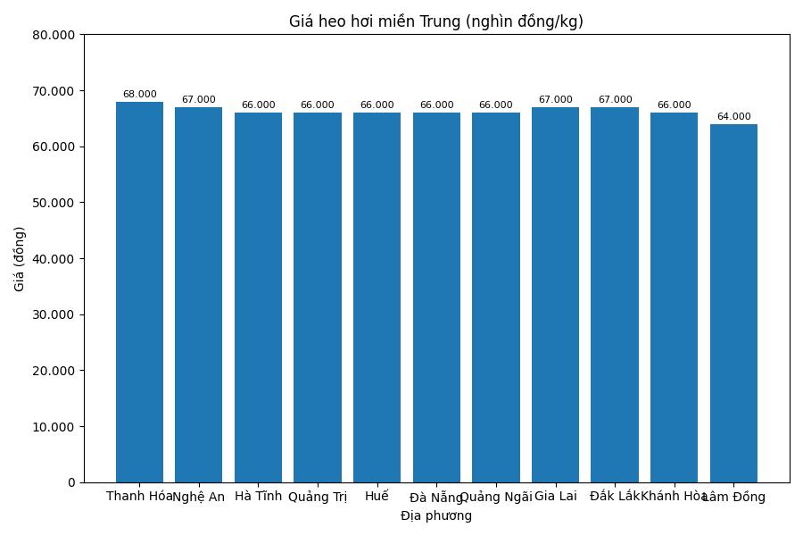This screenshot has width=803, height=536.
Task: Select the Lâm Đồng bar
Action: coord(733,303)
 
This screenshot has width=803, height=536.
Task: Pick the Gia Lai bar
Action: coord(555,295)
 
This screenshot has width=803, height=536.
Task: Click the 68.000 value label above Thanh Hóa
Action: coord(139,95)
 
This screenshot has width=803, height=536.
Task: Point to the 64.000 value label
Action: coord(733,117)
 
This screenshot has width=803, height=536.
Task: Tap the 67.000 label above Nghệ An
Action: coord(198,100)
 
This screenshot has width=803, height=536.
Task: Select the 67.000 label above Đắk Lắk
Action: coord(615,100)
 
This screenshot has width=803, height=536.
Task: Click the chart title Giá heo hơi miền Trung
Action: coord(435,21)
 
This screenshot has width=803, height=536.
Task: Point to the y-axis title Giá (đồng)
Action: coord(20,258)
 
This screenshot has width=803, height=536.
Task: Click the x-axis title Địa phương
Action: coord(435,515)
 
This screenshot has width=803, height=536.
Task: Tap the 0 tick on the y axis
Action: coord(71,482)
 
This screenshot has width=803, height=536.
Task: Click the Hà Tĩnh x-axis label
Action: coord(258,496)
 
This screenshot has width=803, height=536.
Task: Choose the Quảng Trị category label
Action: coord(318,498)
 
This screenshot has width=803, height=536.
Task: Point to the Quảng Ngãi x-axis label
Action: coord(496,498)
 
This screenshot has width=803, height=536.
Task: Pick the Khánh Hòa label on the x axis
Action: coord(673,496)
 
